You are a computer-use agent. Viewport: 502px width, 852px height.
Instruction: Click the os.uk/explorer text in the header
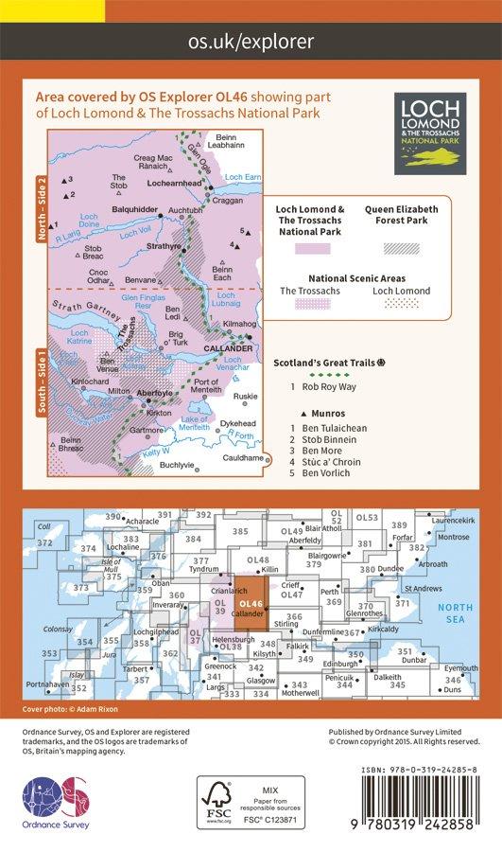251,40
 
